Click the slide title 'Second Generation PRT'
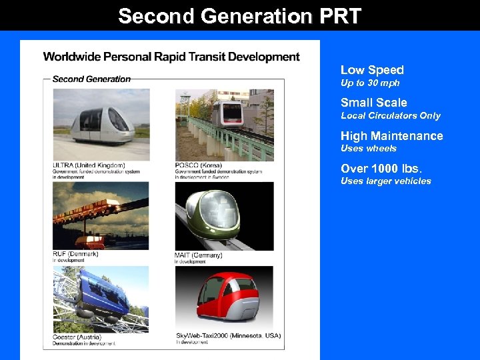pos(239,16)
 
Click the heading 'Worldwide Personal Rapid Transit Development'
pos(171,57)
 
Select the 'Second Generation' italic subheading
pos(91,79)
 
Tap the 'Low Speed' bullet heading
pos(372,70)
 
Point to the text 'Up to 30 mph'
pos(370,83)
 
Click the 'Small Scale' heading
pos(373,103)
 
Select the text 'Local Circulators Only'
pos(390,116)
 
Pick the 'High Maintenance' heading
pos(391,136)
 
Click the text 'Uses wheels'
pos(368,149)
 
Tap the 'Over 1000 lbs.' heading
pos(381,169)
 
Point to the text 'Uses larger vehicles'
pos(385,181)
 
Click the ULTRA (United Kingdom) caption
pos(89,165)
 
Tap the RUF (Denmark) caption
pos(75,254)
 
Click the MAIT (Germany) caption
pos(198,255)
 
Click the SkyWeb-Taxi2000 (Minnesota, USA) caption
pos(228,335)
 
